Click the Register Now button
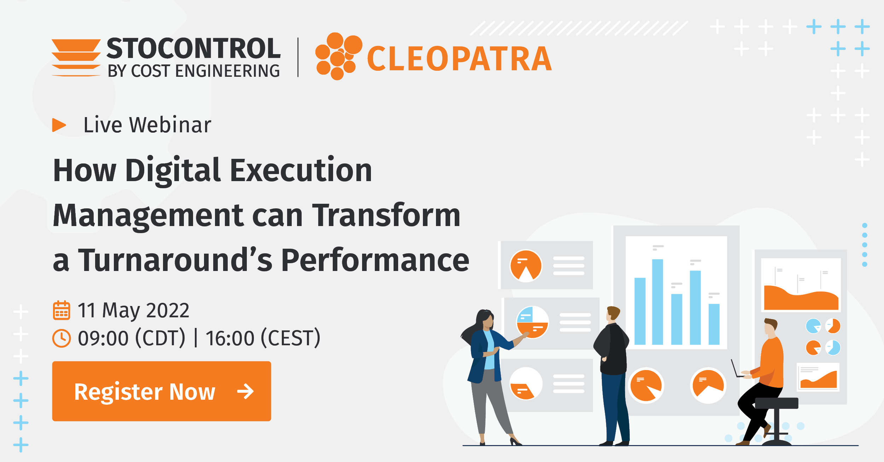tap(161, 391)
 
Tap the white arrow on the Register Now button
tap(245, 391)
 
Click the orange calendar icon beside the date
tap(62, 310)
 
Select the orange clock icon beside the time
tap(62, 338)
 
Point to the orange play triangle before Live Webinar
tap(59, 125)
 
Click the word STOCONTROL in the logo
tap(193, 48)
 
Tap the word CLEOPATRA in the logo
tap(459, 59)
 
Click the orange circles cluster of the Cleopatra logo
tap(338, 56)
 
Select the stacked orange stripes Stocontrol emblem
tap(76, 57)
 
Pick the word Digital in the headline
tap(173, 171)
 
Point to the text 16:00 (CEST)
tap(263, 338)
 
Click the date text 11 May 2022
tap(133, 310)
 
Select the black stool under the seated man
tap(776, 417)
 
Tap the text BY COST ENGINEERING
tap(193, 71)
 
